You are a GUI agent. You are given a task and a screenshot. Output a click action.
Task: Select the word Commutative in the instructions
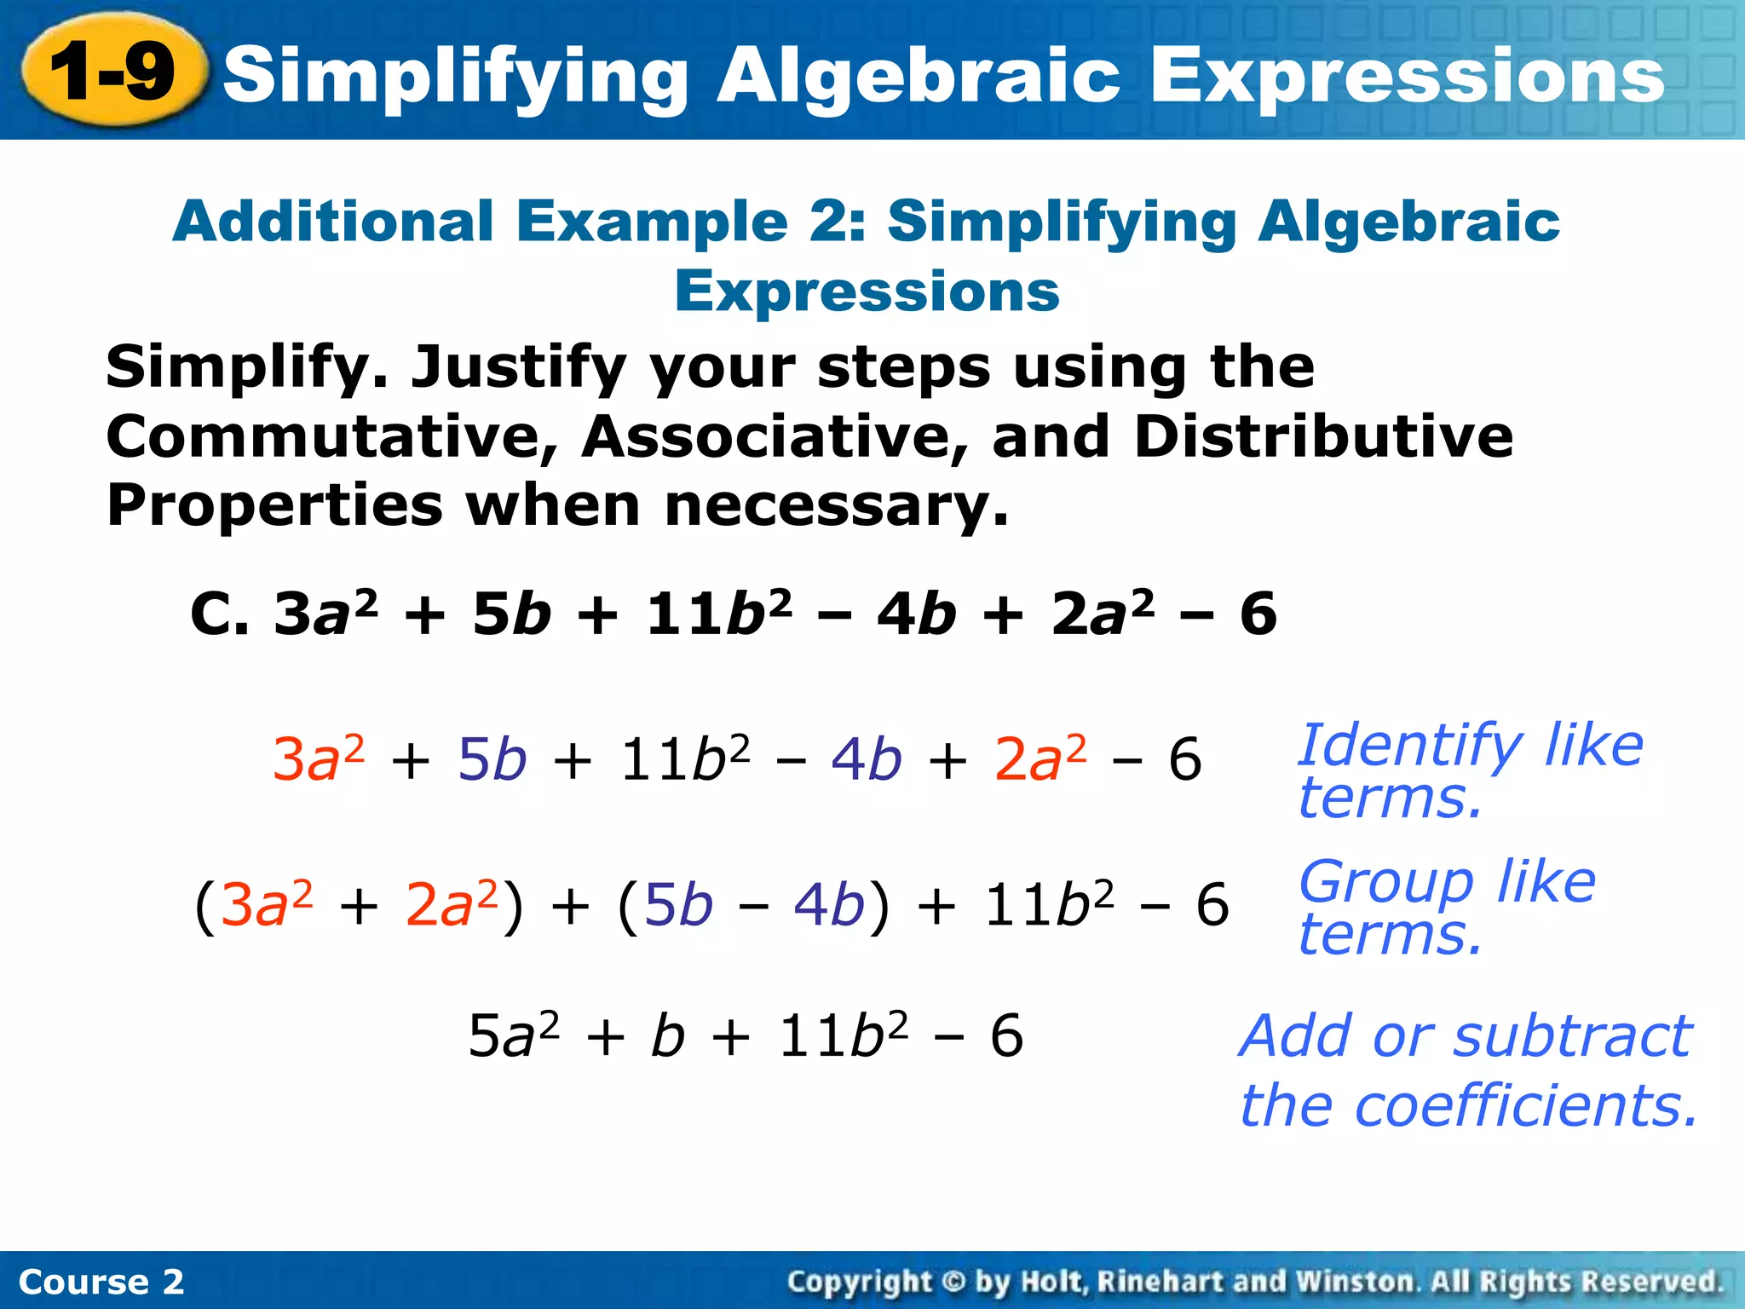pos(331,437)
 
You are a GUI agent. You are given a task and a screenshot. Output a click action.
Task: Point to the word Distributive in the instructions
pos(1323,437)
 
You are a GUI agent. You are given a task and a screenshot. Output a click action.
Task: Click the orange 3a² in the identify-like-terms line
pos(318,758)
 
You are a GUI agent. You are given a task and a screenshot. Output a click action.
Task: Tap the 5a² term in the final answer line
pos(514,1036)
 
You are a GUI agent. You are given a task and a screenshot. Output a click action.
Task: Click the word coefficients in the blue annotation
pos(1526,1106)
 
